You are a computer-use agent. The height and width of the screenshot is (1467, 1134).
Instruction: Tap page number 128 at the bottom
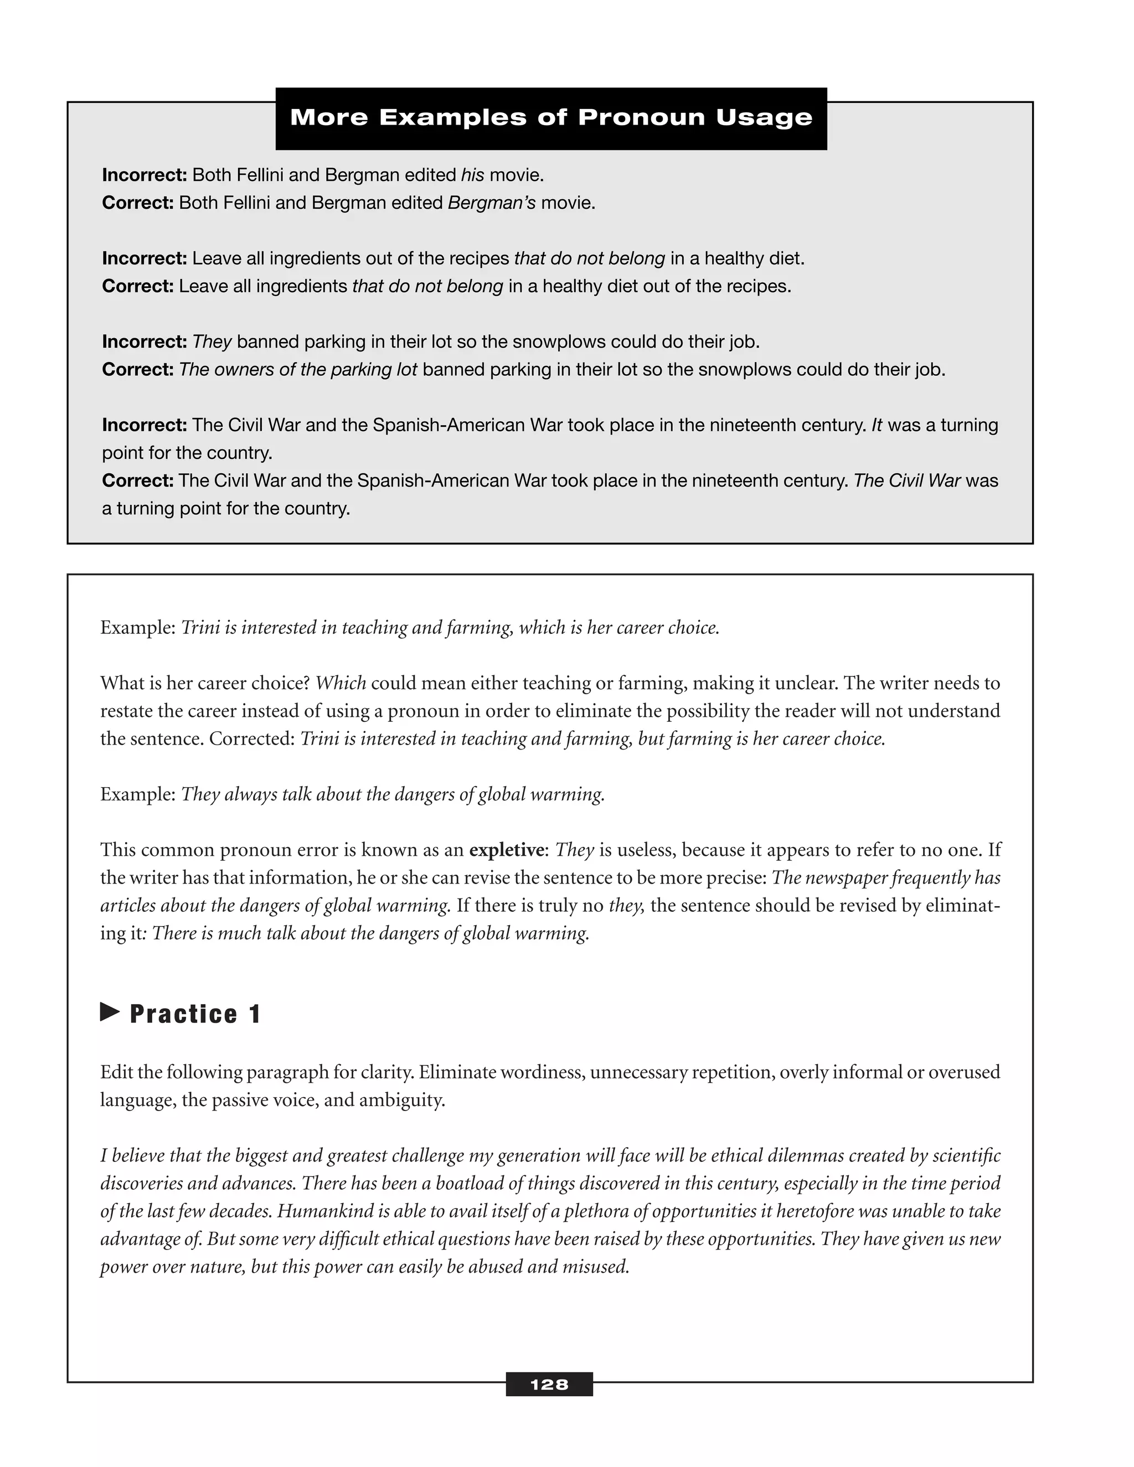point(549,1385)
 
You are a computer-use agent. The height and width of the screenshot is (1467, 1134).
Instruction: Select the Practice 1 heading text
point(195,1014)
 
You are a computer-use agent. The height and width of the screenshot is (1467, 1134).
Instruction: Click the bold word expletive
point(506,850)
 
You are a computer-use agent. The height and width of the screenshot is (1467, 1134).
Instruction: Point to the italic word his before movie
point(472,175)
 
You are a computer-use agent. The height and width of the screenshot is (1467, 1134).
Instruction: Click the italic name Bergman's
point(492,203)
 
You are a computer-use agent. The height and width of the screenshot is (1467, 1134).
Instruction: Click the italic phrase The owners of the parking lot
point(298,369)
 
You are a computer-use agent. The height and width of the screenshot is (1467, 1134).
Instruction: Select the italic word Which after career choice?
point(341,684)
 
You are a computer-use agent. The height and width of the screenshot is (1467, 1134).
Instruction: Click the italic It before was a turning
point(877,425)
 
